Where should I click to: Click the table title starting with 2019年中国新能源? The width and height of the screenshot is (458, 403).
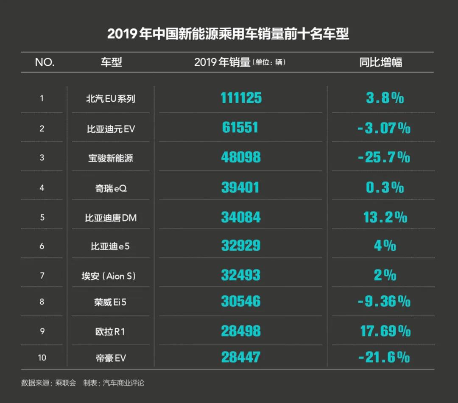(x=228, y=34)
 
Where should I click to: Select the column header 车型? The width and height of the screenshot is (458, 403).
(x=111, y=62)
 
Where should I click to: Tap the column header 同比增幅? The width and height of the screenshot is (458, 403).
(x=380, y=62)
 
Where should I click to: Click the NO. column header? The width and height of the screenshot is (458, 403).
(x=45, y=62)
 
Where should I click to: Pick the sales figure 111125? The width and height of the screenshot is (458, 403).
(x=241, y=98)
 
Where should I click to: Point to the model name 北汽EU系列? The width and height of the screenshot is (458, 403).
(x=111, y=99)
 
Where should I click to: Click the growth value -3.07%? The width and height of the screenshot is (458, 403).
(x=384, y=128)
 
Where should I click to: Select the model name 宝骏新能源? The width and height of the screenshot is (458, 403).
(x=111, y=158)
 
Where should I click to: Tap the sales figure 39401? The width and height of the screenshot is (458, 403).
(x=240, y=188)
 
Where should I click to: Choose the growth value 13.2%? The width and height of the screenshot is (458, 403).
(x=385, y=217)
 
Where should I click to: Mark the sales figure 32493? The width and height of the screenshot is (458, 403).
(x=240, y=275)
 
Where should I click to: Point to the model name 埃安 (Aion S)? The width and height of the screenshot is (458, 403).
(x=109, y=276)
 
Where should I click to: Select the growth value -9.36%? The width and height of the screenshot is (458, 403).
(x=384, y=302)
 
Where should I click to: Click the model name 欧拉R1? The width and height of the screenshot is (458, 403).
(x=110, y=331)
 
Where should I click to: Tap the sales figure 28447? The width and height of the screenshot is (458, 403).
(x=240, y=357)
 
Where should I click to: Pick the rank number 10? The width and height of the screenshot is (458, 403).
(x=42, y=358)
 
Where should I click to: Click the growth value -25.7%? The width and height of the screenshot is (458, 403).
(x=384, y=158)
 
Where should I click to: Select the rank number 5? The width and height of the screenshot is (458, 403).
(x=42, y=218)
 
